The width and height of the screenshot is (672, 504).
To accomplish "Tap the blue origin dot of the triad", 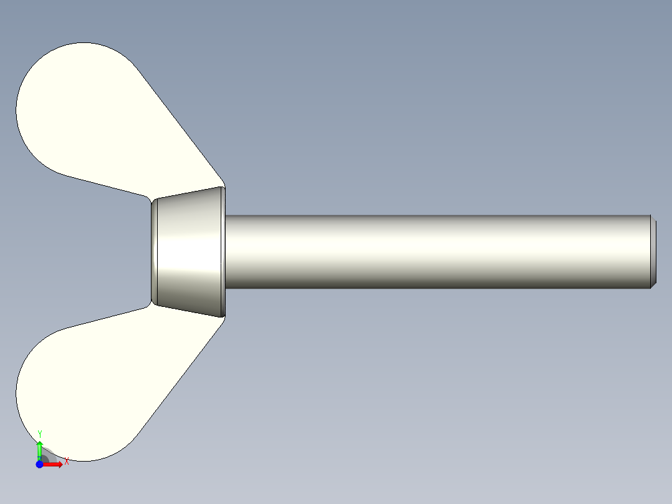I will tap(39, 464).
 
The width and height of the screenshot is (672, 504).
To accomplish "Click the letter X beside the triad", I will tap(66, 461).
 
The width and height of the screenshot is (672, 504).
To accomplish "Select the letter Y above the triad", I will tap(40, 434).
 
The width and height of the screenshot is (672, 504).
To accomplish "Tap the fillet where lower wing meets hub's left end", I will tap(149, 304).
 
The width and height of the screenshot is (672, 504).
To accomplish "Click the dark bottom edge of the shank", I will tap(436, 287).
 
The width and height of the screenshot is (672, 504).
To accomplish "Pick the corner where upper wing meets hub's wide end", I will tap(223, 186).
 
